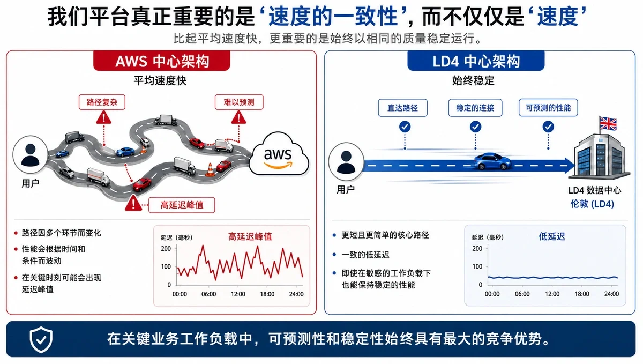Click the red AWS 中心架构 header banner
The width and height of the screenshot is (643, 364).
tap(162, 61)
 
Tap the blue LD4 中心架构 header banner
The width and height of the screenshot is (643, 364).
tap(476, 61)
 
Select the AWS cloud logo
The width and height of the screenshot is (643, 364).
tap(279, 154)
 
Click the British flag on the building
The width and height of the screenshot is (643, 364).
tap(608, 124)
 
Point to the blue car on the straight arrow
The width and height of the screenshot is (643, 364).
tap(492, 161)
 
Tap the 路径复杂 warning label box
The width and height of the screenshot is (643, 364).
tap(102, 102)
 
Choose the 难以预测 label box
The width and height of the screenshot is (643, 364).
tap(239, 102)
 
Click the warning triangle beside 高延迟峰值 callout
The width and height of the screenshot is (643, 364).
tap(133, 203)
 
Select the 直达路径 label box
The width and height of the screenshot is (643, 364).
tap(402, 108)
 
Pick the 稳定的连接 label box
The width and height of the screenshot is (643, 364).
tap(475, 108)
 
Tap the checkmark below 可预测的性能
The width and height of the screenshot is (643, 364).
tap(548, 127)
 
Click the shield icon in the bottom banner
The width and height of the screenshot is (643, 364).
tap(41, 339)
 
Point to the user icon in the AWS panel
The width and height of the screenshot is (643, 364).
tap(30, 154)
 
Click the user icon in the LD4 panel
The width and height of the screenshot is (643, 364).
tap(346, 162)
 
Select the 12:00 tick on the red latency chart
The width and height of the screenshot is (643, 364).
tap(238, 294)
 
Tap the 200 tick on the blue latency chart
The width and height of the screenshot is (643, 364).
tap(477, 249)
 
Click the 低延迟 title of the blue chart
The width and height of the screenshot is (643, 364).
tap(552, 236)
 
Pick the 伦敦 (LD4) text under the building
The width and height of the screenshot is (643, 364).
tap(592, 204)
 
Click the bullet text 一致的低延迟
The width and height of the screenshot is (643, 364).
tap(365, 255)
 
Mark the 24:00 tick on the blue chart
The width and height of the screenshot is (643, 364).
tap(611, 294)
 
